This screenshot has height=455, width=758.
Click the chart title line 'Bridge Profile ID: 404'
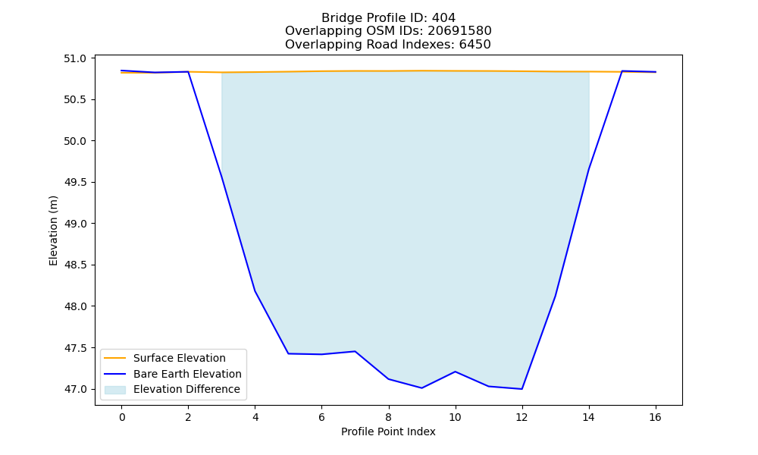pyautogui.click(x=388, y=18)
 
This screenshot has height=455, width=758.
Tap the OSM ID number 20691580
pyautogui.click(x=459, y=31)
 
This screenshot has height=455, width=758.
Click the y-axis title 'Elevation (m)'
pyautogui.click(x=53, y=231)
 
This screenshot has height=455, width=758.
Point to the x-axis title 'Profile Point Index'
pyautogui.click(x=388, y=431)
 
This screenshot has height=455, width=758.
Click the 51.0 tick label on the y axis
pyautogui.click(x=75, y=58)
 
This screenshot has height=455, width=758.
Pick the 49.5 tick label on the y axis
pyautogui.click(x=75, y=182)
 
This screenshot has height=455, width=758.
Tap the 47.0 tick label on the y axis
pyautogui.click(x=75, y=389)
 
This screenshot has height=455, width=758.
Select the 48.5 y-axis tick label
pyautogui.click(x=75, y=265)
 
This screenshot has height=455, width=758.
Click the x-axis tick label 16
pyautogui.click(x=655, y=417)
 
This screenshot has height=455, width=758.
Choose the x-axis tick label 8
pyautogui.click(x=388, y=417)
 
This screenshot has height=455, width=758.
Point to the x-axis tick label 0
pyautogui.click(x=122, y=417)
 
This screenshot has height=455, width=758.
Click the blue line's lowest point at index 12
pyautogui.click(x=522, y=389)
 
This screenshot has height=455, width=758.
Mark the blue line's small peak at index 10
pyautogui.click(x=455, y=372)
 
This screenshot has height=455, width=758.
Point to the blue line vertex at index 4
pyautogui.click(x=255, y=290)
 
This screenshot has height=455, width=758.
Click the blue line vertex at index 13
pyautogui.click(x=555, y=296)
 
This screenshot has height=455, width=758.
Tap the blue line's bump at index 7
pyautogui.click(x=355, y=351)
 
